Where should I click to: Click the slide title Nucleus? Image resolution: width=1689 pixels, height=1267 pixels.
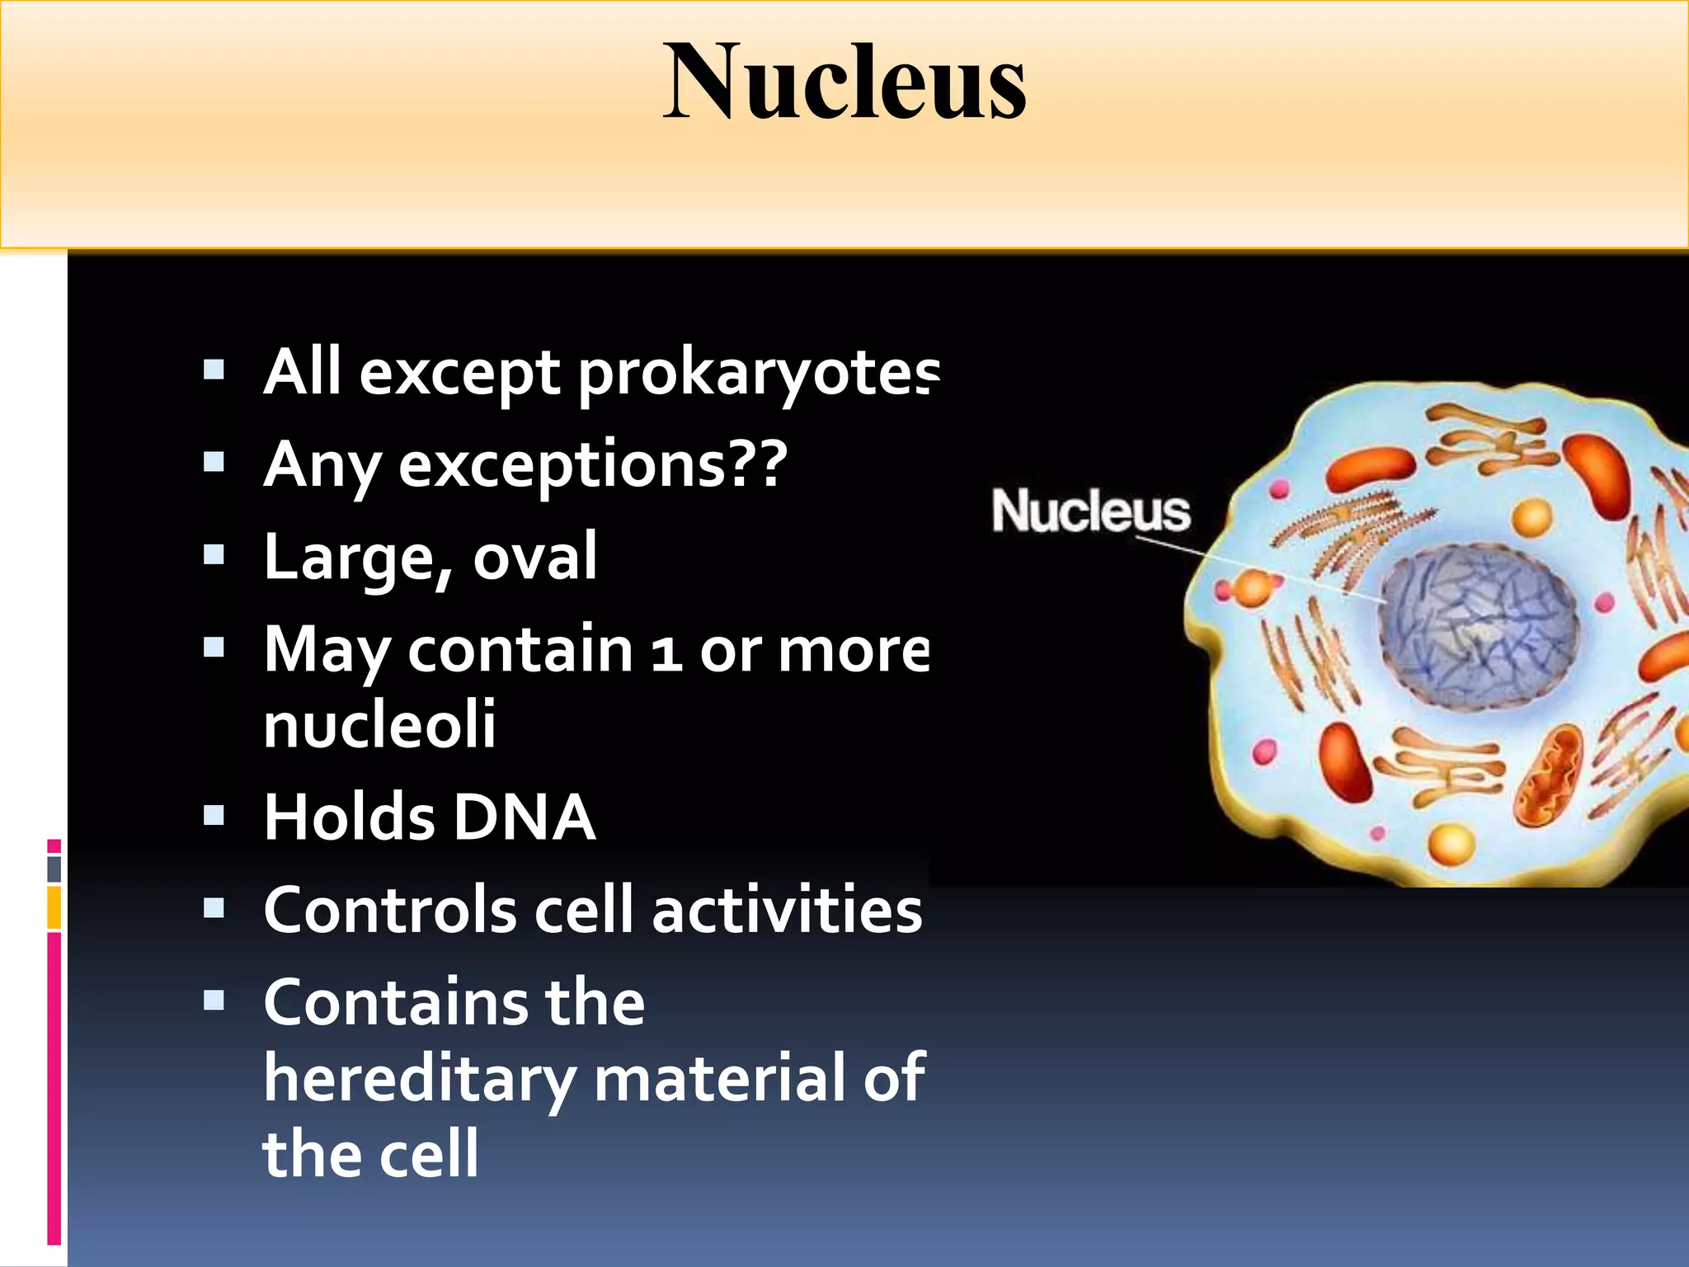point(844,82)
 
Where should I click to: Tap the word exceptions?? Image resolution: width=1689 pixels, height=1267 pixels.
point(592,464)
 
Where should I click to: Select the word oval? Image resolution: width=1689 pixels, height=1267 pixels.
point(534,558)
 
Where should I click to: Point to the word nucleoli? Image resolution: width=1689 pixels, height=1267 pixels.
point(379,724)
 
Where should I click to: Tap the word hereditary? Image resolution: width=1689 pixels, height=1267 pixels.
point(419,1079)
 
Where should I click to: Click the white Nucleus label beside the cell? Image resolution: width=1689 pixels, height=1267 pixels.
point(1090,511)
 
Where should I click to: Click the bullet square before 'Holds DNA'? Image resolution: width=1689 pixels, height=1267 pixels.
point(214,816)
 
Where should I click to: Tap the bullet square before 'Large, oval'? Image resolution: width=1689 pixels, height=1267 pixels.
point(214,554)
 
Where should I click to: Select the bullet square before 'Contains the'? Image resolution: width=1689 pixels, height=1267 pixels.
point(214,1001)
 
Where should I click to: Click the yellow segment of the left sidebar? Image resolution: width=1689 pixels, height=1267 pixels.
point(54,907)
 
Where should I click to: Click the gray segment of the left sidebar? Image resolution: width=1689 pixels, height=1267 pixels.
point(54,869)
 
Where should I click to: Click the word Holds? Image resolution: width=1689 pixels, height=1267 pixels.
point(349,817)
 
